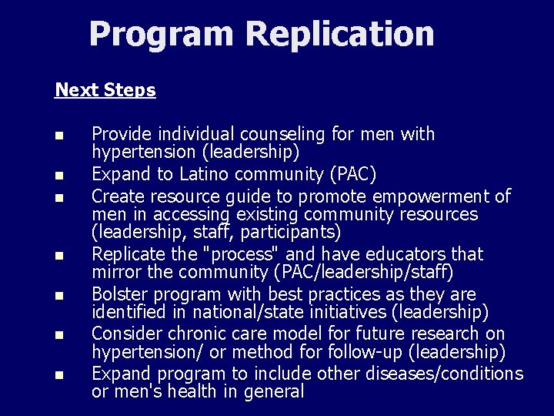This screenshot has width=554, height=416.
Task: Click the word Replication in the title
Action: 340,34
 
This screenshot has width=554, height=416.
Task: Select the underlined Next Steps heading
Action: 105,90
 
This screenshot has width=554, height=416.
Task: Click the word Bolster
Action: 120,294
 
